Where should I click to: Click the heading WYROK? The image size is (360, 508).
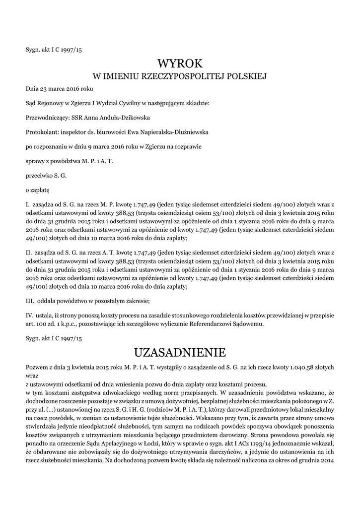point(180,63)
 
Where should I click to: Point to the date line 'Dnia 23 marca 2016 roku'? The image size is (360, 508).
point(60,89)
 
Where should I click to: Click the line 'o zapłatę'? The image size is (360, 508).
point(37,190)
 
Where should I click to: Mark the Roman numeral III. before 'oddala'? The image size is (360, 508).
point(29,301)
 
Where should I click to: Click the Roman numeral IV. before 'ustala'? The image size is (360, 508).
point(29,316)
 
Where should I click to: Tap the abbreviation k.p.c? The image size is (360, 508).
point(74,324)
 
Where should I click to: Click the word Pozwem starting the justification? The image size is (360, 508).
point(37,367)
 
